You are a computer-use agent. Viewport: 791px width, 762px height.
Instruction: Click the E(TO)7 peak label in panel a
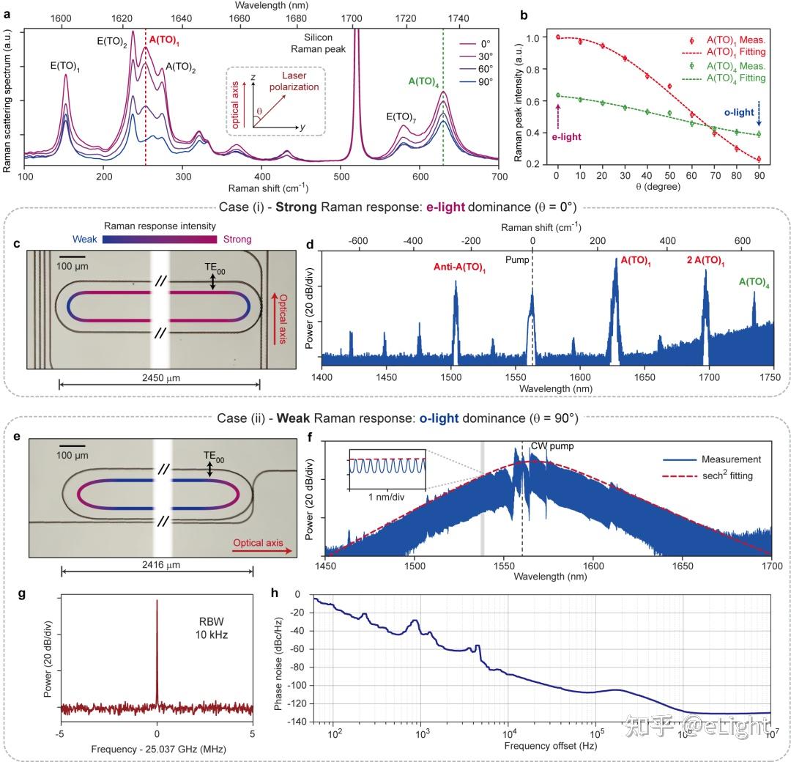tap(401, 117)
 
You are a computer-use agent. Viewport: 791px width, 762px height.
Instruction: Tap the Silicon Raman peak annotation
tap(319, 43)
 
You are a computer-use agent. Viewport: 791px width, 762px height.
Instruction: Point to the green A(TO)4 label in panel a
tap(423, 82)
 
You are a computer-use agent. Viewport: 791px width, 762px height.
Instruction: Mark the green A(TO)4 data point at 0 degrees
tap(558, 95)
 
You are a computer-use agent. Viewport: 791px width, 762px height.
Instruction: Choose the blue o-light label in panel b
tap(739, 113)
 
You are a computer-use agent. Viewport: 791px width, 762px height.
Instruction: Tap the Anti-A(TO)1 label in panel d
tap(459, 267)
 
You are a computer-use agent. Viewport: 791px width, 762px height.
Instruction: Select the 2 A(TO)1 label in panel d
tap(705, 260)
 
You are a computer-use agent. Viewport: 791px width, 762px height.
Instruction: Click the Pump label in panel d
tap(517, 260)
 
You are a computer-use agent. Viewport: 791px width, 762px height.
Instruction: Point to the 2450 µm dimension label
tap(161, 378)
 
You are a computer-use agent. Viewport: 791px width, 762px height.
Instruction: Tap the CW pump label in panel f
tap(552, 446)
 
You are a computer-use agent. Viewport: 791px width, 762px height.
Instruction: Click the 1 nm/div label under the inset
tap(386, 497)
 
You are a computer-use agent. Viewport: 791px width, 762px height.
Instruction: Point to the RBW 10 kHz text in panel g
tap(212, 628)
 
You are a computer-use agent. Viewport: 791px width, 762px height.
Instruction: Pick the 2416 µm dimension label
tap(161, 565)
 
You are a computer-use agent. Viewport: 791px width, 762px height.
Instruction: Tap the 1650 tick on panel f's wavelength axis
tap(683, 566)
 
